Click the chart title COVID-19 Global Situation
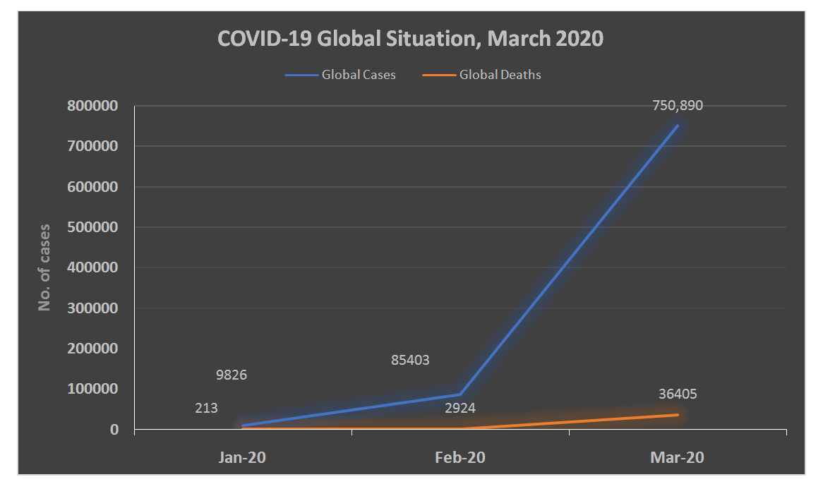(410, 39)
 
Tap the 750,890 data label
(678, 106)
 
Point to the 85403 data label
(410, 360)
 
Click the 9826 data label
(231, 375)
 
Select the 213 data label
(206, 408)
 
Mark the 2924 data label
(459, 408)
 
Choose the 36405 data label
(678, 394)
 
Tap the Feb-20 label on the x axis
(459, 457)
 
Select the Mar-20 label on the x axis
(677, 457)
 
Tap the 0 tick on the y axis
(114, 429)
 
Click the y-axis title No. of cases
(45, 268)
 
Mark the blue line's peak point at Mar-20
(678, 126)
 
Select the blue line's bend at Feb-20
(459, 394)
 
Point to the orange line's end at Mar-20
(678, 414)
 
